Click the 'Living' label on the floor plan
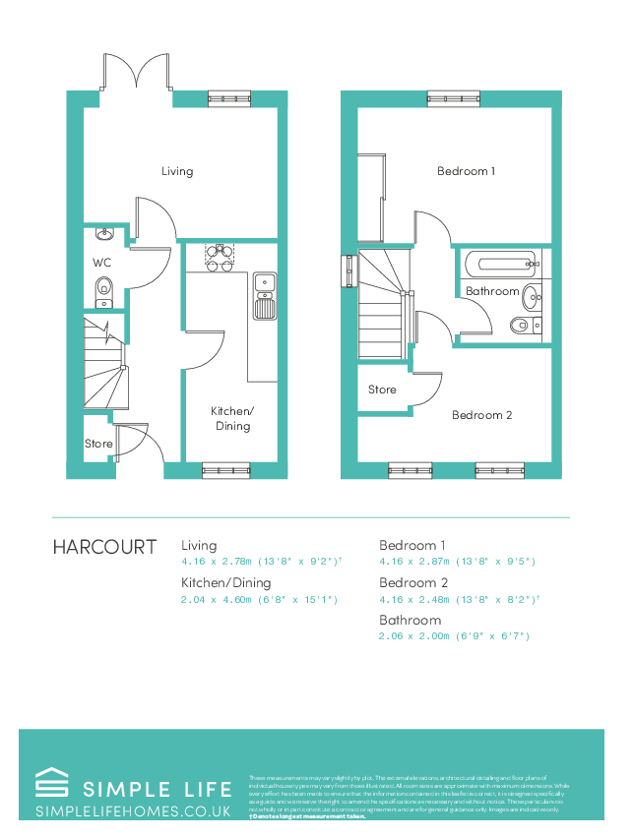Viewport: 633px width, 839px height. coord(177,171)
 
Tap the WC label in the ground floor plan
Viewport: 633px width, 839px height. coord(102,263)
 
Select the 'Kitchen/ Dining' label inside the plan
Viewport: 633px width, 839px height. coord(232,418)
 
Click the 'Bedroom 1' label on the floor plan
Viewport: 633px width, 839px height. coord(466,171)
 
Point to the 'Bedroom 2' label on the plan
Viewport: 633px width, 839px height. coord(481,415)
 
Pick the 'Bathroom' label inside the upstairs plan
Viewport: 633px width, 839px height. coord(491,291)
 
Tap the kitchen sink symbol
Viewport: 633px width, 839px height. coord(264,295)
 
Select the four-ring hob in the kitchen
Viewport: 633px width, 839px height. coord(219,257)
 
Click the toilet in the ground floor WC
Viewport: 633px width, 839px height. coord(104,288)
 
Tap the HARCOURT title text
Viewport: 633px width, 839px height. coord(104,547)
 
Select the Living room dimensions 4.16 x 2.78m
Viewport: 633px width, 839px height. coord(260,562)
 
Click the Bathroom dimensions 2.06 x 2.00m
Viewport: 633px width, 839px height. coord(455,636)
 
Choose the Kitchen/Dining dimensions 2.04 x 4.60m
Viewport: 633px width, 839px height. coord(259,599)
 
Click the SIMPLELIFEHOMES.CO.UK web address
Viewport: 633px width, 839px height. coord(133,811)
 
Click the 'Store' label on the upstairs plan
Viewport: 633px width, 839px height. coord(382,390)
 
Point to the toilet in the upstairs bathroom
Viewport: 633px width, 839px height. coord(522,326)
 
